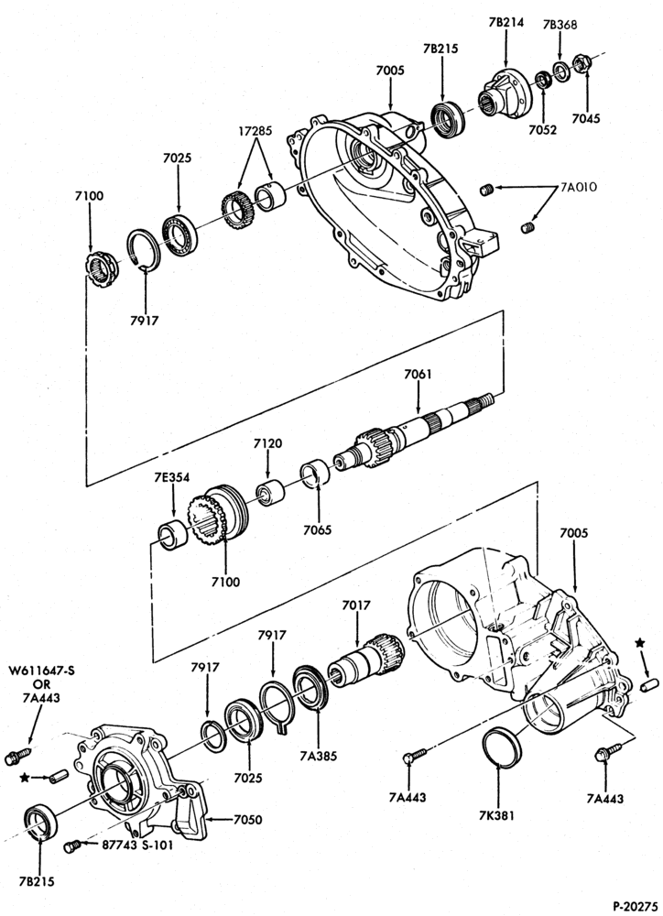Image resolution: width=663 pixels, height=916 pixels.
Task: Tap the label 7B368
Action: click(x=560, y=25)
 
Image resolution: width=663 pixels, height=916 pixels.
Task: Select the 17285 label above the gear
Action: click(x=254, y=131)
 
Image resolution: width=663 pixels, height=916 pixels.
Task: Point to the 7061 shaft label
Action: click(x=418, y=374)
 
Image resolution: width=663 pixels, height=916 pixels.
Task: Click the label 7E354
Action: click(x=172, y=477)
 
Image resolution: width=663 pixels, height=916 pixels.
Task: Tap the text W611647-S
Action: click(x=41, y=671)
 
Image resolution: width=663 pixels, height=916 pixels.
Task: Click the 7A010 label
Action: click(x=579, y=188)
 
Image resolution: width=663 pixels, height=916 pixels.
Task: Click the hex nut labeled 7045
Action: click(x=581, y=63)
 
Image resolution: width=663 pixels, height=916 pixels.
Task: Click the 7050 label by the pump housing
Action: click(x=247, y=820)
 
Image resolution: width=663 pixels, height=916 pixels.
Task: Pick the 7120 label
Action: click(x=267, y=443)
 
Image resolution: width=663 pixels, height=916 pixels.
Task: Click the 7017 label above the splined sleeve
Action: click(x=356, y=605)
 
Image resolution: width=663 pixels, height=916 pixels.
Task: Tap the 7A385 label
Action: click(x=318, y=757)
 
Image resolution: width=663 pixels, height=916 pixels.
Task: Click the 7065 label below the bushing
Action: click(x=317, y=529)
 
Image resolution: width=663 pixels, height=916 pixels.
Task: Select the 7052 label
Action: click(x=543, y=130)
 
